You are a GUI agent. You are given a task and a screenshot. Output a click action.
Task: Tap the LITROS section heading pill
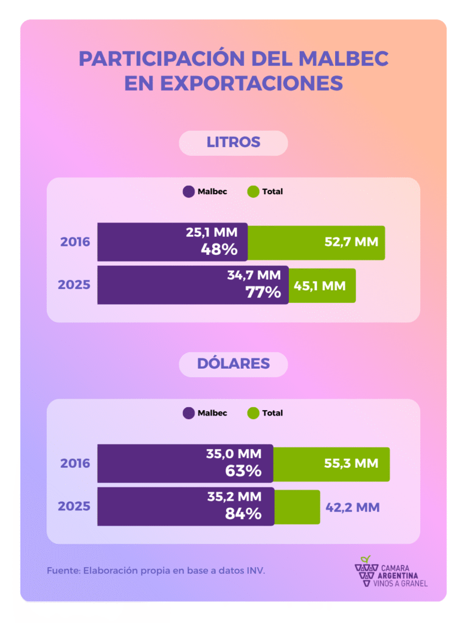tap(233, 142)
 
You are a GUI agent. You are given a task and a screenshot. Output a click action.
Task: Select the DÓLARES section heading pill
tap(233, 364)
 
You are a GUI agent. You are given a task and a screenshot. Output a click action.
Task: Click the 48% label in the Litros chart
tap(220, 249)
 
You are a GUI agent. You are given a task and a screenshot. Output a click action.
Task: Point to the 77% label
tap(263, 291)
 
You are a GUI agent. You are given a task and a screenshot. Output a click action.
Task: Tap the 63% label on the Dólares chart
tap(243, 470)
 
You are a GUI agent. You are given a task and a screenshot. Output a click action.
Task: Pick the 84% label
tap(244, 513)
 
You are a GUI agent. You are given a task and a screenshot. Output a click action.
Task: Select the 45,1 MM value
tap(320, 285)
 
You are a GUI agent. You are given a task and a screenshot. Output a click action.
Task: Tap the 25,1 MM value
tap(212, 232)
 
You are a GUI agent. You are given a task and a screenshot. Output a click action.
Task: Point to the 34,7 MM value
tap(254, 275)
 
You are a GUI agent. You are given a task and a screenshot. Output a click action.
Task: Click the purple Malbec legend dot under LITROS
tap(189, 192)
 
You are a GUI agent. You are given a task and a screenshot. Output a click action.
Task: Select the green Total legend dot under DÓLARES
tap(254, 413)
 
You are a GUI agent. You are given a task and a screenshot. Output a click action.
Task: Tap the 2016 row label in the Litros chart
tap(75, 242)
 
